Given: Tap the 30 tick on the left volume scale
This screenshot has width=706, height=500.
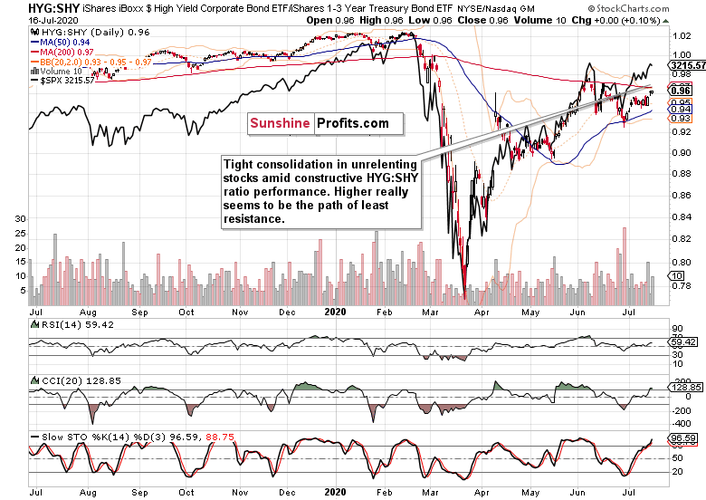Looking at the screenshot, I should point(19,219).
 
